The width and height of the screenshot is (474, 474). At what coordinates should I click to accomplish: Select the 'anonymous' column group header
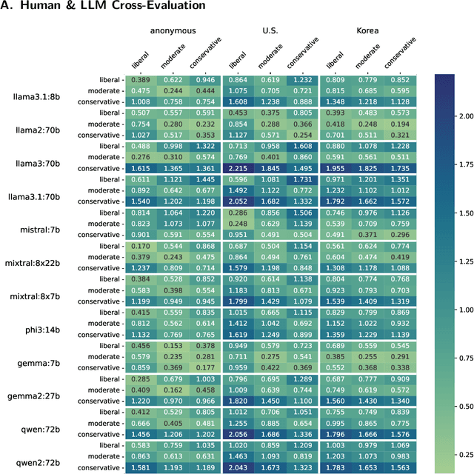(173, 30)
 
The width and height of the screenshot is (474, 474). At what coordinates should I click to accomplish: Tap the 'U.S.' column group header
(270, 30)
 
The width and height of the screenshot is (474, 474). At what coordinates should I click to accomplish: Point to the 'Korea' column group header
(368, 30)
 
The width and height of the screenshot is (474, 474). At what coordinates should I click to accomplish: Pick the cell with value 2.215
(238, 169)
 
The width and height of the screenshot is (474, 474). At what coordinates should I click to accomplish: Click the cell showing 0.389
(141, 79)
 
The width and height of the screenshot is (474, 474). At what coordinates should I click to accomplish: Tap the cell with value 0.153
(173, 346)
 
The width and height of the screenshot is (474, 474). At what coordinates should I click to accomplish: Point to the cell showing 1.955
(336, 169)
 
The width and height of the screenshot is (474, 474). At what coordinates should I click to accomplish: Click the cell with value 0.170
(141, 246)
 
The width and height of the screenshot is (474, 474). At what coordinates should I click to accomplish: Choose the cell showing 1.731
(302, 180)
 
